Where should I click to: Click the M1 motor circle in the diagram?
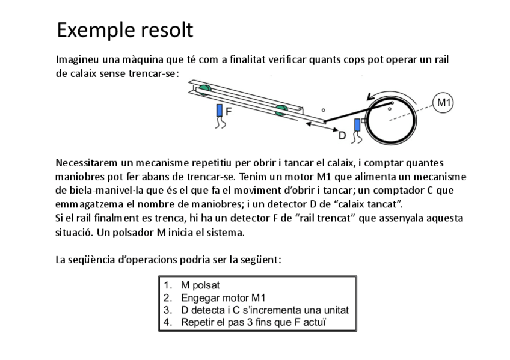(443, 102)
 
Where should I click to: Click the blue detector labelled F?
(220, 111)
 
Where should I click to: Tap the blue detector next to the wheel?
(357, 125)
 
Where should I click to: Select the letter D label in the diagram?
(342, 135)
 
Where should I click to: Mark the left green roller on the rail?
(204, 90)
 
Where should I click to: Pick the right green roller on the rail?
(280, 109)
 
